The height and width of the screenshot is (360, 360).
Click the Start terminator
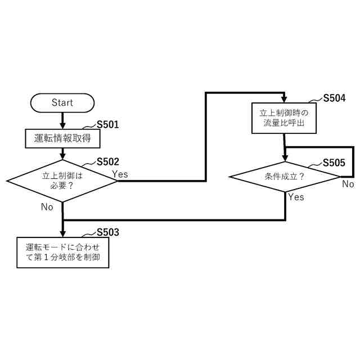coord(62,102)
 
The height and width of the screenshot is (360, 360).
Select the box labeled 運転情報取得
coord(62,138)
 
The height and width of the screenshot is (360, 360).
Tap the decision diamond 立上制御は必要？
coord(62,181)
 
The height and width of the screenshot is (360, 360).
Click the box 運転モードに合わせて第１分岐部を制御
coord(62,253)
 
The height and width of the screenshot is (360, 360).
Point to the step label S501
coord(108,124)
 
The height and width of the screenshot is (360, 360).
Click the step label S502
coord(108,161)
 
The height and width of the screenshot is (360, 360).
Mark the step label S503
coord(108,232)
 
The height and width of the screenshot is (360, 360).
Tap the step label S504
coord(334,98)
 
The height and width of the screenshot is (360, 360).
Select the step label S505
coord(334,163)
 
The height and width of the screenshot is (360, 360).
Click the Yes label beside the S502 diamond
coord(120,174)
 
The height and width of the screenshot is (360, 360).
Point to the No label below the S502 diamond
coord(47,206)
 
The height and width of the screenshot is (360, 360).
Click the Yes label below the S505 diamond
coord(296,197)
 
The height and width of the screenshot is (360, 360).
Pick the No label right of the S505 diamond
coord(348,184)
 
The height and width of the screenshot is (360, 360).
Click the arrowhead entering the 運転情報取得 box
coord(62,125)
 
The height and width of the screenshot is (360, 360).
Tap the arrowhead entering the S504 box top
coord(284,99)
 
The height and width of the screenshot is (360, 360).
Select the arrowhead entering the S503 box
coord(62,233)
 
